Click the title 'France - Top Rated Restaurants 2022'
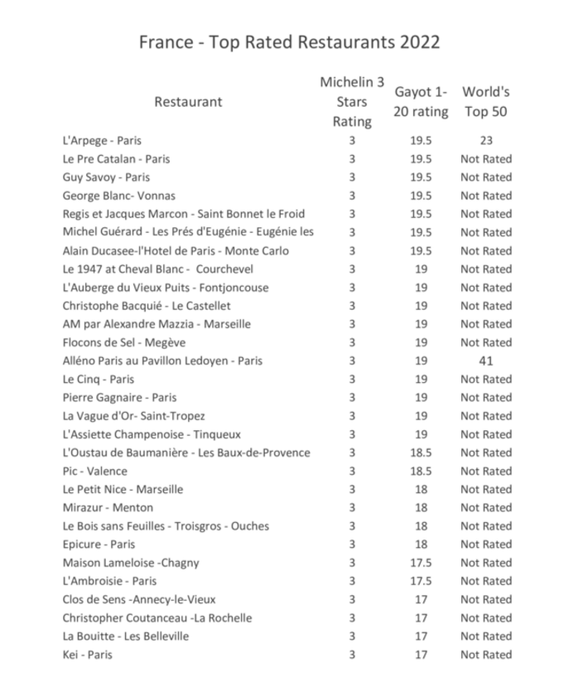click(288, 42)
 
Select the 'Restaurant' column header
click(188, 102)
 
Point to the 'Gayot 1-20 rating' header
click(420, 102)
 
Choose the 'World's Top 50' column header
click(486, 102)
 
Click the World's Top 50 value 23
click(486, 141)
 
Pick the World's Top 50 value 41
click(486, 361)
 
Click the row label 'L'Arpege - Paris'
click(102, 141)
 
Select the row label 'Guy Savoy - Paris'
click(106, 177)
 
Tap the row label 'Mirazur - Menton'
click(108, 508)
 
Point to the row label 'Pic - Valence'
click(94, 472)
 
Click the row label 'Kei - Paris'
click(87, 655)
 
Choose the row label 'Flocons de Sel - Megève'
click(124, 343)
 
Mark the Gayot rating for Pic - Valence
click(421, 472)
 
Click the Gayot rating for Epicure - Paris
click(421, 544)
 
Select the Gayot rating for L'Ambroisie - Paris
click(421, 581)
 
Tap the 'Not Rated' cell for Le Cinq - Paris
click(486, 380)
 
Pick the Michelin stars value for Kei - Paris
click(352, 655)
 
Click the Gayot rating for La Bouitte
click(421, 636)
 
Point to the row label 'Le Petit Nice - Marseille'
click(123, 490)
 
